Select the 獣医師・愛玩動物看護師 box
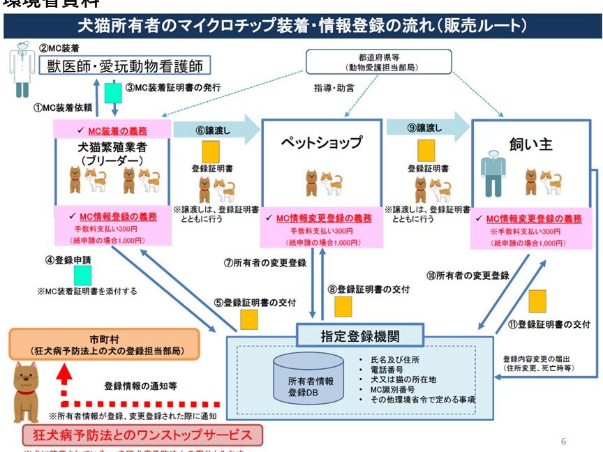[126, 66]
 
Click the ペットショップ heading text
[322, 143]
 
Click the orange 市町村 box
[105, 343]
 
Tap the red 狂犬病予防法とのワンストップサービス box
[142, 436]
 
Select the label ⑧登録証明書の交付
[368, 289]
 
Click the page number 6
[563, 442]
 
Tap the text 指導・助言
[334, 89]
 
